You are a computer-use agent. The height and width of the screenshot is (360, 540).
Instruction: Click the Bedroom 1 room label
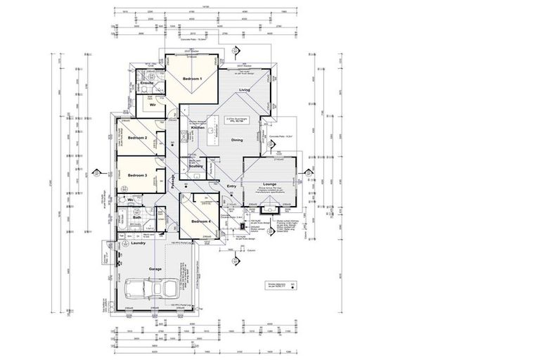(x=193, y=79)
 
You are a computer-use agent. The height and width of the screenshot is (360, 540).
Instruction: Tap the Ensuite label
(x=147, y=83)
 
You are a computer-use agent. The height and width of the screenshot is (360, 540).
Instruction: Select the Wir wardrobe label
(x=152, y=105)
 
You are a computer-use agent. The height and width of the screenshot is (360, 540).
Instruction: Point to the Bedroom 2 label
(x=136, y=138)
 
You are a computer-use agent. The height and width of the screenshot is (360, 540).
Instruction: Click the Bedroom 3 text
(x=136, y=175)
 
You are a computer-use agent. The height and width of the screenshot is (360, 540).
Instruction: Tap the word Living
(x=245, y=91)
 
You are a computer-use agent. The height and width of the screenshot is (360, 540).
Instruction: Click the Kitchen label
(x=197, y=127)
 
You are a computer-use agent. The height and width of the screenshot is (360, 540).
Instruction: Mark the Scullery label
(x=195, y=166)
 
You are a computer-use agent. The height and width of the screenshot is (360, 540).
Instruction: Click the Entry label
(x=231, y=186)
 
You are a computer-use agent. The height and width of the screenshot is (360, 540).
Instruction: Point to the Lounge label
(x=269, y=184)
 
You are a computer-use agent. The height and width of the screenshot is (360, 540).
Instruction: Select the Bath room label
(x=137, y=218)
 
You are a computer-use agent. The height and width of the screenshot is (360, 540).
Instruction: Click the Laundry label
(x=137, y=243)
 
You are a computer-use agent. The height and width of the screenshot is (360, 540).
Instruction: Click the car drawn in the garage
(x=152, y=289)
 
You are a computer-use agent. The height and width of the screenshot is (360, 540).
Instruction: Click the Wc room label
(x=131, y=200)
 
